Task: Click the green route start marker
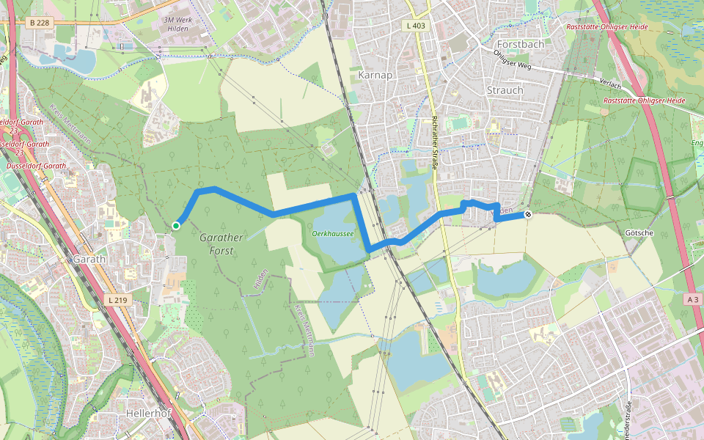click(176, 225)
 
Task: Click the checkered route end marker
click(527, 215)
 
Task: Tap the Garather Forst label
click(216, 244)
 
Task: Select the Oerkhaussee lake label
click(333, 232)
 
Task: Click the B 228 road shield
click(41, 23)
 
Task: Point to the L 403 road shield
click(415, 26)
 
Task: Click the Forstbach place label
click(521, 44)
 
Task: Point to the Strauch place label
click(505, 90)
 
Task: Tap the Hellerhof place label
click(148, 414)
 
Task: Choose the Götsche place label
click(639, 232)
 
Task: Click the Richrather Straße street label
click(435, 143)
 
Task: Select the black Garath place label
click(89, 259)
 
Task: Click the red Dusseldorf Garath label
click(35, 166)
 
